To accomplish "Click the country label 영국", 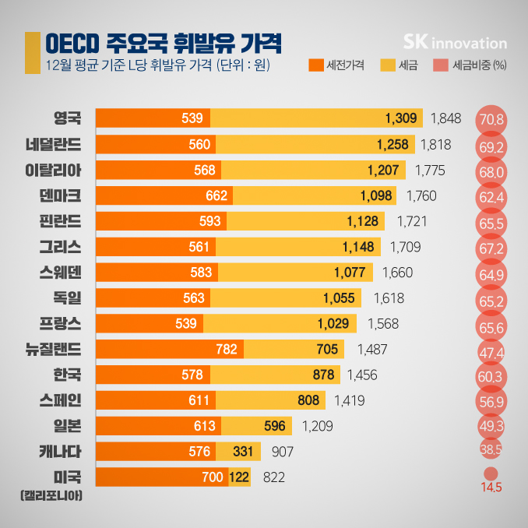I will [66, 118].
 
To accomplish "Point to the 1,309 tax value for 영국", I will [402, 118].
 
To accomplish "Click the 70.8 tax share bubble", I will [492, 120].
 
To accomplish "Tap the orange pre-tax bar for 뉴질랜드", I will [169, 349].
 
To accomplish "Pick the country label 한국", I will [66, 375].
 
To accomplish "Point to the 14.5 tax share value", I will [491, 488].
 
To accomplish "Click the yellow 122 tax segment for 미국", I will [239, 477].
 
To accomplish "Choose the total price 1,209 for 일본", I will [317, 426].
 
